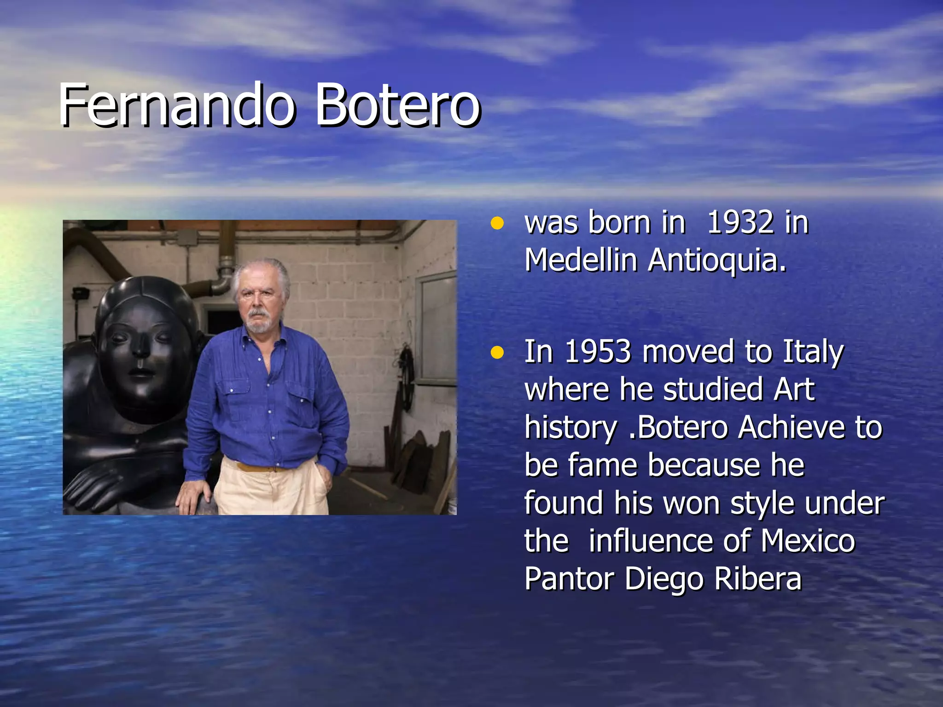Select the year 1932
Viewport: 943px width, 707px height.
point(740,223)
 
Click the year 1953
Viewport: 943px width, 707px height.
point(597,352)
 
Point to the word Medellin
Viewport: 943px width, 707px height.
point(581,261)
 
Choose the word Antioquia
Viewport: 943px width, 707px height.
point(716,261)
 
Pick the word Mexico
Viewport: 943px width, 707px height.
point(808,541)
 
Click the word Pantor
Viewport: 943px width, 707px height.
point(569,579)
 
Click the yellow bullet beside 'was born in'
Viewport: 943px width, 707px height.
point(497,224)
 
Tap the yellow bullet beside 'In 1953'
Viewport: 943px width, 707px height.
point(497,353)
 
